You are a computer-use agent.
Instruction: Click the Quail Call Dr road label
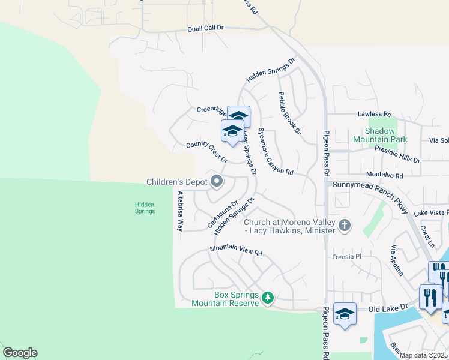pyautogui.click(x=205, y=28)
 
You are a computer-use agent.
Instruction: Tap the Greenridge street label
pyautogui.click(x=211, y=110)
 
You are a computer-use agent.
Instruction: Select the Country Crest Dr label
pyautogui.click(x=206, y=152)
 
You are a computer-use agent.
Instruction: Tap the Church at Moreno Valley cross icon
pyautogui.click(x=344, y=226)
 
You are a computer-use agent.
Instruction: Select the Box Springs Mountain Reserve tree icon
pyautogui.click(x=268, y=297)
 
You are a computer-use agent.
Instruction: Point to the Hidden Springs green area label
pyautogui.click(x=145, y=208)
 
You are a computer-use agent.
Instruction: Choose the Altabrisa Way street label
pyautogui.click(x=179, y=211)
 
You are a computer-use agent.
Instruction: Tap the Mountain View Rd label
pyautogui.click(x=237, y=253)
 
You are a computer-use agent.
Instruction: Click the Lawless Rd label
pyautogui.click(x=374, y=113)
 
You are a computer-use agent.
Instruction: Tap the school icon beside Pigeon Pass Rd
pyautogui.click(x=345, y=314)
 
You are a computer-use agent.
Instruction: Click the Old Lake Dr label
pyautogui.click(x=388, y=307)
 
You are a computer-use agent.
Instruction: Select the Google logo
pyautogui.click(x=20, y=353)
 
